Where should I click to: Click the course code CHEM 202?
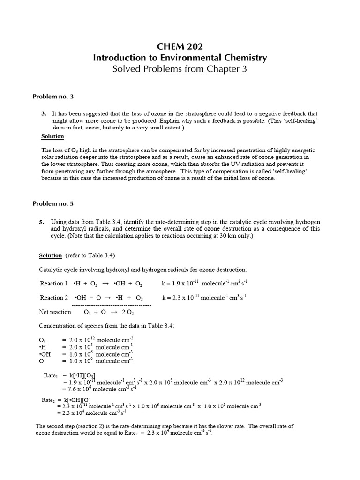[180, 46]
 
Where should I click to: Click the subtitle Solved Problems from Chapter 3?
[180, 69]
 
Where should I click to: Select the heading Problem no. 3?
[53, 97]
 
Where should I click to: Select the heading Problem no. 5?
[53, 203]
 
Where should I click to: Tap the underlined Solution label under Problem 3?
[52, 136]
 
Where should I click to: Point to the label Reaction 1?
[54, 284]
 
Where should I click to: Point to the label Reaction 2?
[54, 298]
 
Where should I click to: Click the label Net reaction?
[55, 312]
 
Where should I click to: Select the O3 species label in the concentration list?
[43, 340]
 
